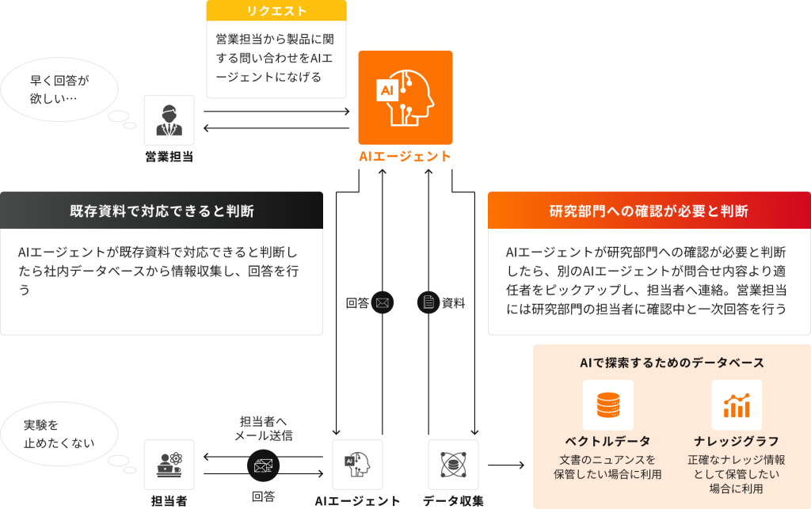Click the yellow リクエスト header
[x=276, y=10]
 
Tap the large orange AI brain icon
[x=405, y=93]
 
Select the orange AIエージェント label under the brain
[x=405, y=156]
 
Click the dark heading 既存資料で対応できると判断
[x=162, y=211]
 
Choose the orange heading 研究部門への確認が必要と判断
[x=649, y=211]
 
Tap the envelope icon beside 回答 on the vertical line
[x=383, y=302]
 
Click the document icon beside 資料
[x=428, y=302]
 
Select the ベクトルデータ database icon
[x=608, y=405]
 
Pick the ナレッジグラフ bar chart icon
[x=737, y=405]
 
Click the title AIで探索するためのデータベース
[x=672, y=363]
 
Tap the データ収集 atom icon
[x=453, y=465]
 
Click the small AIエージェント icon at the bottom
[x=357, y=465]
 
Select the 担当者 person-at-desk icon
[x=169, y=465]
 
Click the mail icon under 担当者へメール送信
[x=263, y=466]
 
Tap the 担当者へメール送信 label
[x=263, y=428]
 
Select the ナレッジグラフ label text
[x=737, y=441]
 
